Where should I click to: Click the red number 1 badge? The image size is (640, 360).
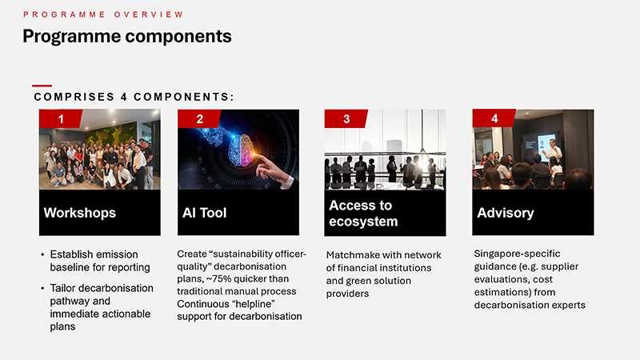[61, 118]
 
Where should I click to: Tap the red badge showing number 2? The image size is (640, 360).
[199, 118]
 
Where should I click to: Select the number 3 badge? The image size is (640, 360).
[346, 118]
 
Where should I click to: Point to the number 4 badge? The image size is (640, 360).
[494, 118]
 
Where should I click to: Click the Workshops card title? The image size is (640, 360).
[80, 213]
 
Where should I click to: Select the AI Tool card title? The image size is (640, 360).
[205, 213]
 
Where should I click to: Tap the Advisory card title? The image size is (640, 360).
[506, 213]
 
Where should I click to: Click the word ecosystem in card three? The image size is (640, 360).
[363, 222]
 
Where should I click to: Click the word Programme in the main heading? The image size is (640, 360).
[72, 36]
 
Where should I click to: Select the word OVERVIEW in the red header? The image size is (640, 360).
[149, 14]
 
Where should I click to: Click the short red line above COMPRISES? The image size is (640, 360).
[42, 86]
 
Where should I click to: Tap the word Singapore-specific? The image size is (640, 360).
[517, 254]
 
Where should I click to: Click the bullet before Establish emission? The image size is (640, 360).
[42, 254]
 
